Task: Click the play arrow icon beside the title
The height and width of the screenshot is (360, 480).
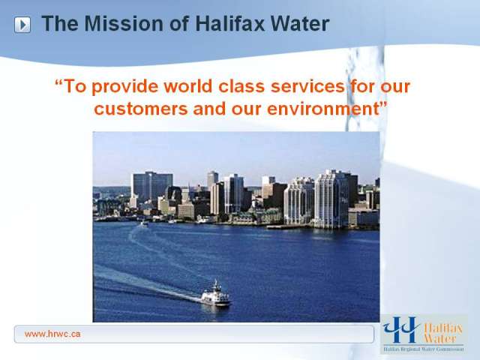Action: click(x=22, y=25)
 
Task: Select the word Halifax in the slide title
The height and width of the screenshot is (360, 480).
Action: click(x=230, y=23)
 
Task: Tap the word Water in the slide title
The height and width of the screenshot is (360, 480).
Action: click(x=300, y=23)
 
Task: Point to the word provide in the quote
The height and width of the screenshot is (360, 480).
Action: click(x=125, y=87)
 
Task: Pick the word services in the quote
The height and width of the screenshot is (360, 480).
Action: click(x=308, y=86)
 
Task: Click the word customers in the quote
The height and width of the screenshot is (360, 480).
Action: click(x=141, y=109)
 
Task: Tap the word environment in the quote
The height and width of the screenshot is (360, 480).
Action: click(x=323, y=109)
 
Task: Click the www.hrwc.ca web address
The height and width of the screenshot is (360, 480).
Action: click(x=52, y=334)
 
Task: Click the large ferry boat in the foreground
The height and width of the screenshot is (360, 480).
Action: click(x=216, y=295)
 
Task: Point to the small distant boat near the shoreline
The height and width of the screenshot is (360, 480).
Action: click(x=144, y=223)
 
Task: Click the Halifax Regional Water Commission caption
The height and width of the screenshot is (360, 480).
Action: click(x=424, y=349)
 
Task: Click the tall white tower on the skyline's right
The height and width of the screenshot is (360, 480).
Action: click(x=331, y=199)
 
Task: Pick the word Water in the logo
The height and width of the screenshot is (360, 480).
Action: click(x=440, y=338)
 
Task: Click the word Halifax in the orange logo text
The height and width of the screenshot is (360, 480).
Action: click(x=443, y=328)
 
